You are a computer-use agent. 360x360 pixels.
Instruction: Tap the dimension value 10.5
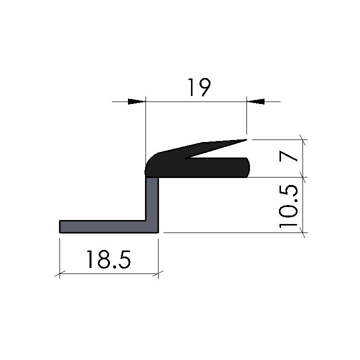pyautogui.click(x=290, y=206)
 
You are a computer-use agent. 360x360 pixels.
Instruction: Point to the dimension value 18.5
pyautogui.click(x=108, y=259)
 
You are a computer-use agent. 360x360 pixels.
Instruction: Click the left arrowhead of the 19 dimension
pyautogui.click(x=136, y=101)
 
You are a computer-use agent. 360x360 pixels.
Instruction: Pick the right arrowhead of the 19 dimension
pyautogui.click(x=256, y=101)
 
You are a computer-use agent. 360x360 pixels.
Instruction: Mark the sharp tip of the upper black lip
pyautogui.click(x=246, y=140)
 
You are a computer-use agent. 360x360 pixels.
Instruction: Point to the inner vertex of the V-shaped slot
pyautogui.click(x=186, y=159)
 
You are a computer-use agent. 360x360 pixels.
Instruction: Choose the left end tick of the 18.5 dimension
pyautogui.click(x=59, y=273)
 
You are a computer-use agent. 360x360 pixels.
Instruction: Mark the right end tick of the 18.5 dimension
pyautogui.click(x=158, y=273)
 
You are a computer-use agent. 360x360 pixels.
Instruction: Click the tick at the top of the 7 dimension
pyautogui.click(x=302, y=139)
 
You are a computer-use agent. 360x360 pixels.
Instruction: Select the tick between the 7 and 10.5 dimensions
pyautogui.click(x=302, y=177)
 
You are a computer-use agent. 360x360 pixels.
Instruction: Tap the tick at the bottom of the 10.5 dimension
pyautogui.click(x=302, y=232)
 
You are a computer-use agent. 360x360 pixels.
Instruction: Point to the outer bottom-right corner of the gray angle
pyautogui.click(x=158, y=232)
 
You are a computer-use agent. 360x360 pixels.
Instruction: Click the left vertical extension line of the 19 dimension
pyautogui.click(x=144, y=130)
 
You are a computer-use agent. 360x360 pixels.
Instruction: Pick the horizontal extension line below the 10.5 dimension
pyautogui.click(x=230, y=232)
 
